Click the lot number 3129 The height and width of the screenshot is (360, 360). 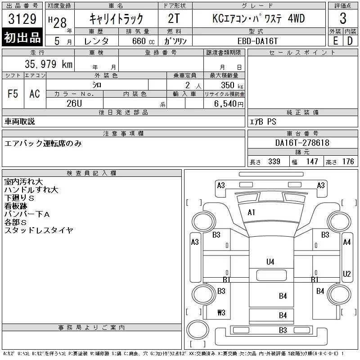click(x=22, y=19)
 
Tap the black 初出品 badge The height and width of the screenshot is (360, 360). click(x=22, y=37)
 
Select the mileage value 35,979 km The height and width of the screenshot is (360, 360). click(x=49, y=64)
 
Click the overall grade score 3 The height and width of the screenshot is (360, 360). click(x=343, y=18)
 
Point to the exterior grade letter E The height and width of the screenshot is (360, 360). click(x=335, y=41)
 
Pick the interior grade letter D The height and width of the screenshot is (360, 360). click(x=350, y=41)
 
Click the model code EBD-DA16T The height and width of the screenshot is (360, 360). click(x=257, y=41)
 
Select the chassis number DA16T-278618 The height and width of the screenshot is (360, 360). click(x=302, y=143)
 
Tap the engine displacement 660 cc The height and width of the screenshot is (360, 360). click(x=144, y=41)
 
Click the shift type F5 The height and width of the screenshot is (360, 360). click(x=13, y=94)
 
